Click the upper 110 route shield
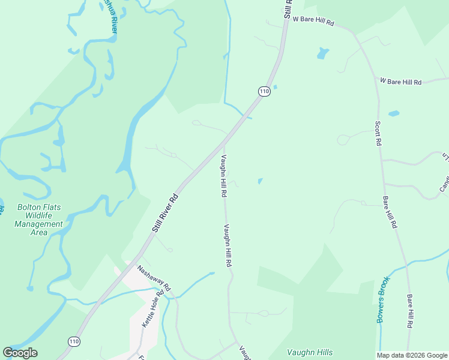(x=264, y=91)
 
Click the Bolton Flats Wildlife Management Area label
(x=40, y=220)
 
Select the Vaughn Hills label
(x=310, y=352)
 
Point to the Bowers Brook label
(x=384, y=299)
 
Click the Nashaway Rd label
(x=154, y=278)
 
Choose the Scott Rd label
(x=378, y=134)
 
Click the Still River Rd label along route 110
(x=165, y=212)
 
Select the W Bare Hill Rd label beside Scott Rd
(x=401, y=81)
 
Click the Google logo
(x=20, y=353)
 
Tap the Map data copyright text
(x=412, y=355)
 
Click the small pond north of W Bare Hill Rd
(x=323, y=53)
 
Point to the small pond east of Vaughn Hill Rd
(x=260, y=181)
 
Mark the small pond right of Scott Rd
(x=394, y=113)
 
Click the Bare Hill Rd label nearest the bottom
(x=409, y=311)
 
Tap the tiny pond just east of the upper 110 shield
(x=275, y=87)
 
